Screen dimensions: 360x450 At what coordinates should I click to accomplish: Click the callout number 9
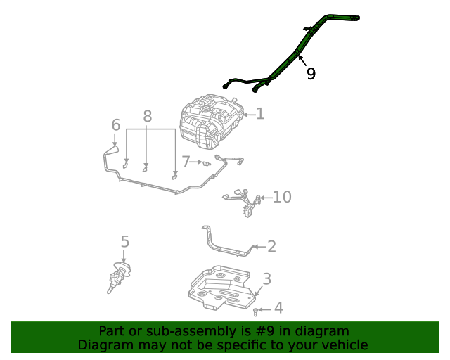click(x=311, y=74)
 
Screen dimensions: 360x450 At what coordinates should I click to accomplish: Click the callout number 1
click(x=260, y=113)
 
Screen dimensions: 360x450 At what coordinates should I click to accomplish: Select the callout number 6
click(x=116, y=125)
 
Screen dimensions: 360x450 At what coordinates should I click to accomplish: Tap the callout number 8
click(x=147, y=117)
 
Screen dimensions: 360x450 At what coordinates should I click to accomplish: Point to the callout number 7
click(x=186, y=162)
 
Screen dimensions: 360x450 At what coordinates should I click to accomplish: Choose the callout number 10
click(x=281, y=197)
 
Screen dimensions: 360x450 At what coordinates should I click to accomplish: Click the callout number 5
click(x=124, y=243)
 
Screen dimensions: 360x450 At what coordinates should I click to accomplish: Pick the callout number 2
click(x=271, y=246)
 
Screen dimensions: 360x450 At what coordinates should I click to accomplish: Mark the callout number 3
click(x=266, y=279)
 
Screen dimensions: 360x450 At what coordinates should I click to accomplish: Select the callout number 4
click(x=278, y=308)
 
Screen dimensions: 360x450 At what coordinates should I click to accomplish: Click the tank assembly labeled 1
click(x=211, y=123)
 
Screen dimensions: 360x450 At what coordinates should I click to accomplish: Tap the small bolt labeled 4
click(x=256, y=309)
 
